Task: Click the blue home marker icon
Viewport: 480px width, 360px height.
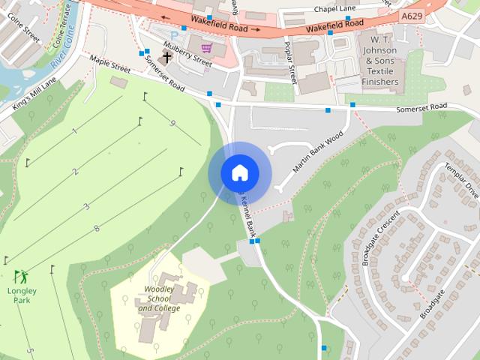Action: (x=239, y=172)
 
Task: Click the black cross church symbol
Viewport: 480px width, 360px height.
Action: (x=166, y=56)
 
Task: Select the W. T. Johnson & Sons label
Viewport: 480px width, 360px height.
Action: (x=379, y=58)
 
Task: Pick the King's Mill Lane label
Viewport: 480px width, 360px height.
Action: (x=34, y=94)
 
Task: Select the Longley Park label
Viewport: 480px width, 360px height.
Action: (x=21, y=295)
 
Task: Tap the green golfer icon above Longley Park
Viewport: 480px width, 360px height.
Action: (x=20, y=276)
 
